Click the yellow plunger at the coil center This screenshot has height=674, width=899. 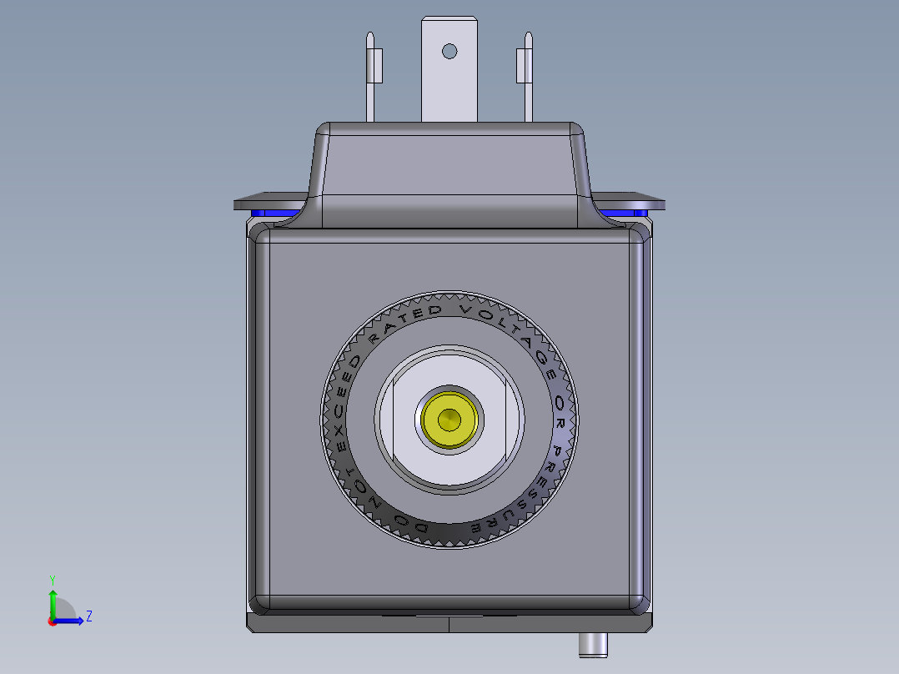(x=449, y=417)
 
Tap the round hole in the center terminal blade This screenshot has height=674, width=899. (x=449, y=51)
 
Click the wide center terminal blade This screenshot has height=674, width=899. (x=449, y=83)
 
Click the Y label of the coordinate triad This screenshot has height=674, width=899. (x=53, y=578)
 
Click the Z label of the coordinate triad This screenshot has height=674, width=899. (x=89, y=616)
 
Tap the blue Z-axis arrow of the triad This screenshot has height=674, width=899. (x=72, y=620)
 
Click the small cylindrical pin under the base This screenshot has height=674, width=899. (x=593, y=644)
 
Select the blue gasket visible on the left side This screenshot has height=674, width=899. (x=274, y=214)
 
